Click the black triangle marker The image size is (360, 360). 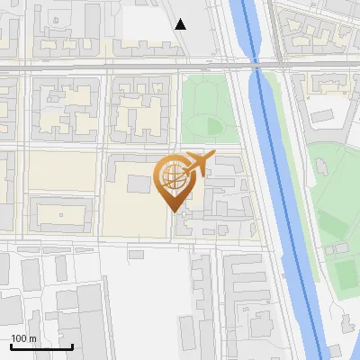coord(181,23)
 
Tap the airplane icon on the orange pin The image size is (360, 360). coord(199,163)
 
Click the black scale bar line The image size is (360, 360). coord(41,346)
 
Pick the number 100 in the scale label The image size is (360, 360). coord(19,338)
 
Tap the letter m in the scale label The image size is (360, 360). coord(32,338)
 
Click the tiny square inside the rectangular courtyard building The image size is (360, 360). coord(60,216)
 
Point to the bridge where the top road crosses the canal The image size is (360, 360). coord(256,66)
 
